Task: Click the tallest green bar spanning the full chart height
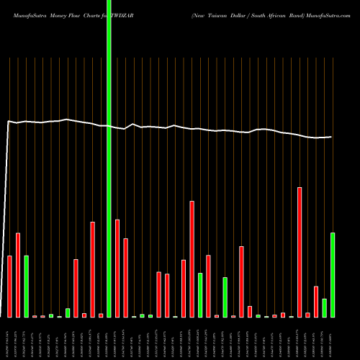109,158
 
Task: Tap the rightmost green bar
333,274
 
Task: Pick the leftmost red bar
10,286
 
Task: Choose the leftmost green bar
27,286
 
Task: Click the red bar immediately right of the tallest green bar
117,268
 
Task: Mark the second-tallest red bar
192,258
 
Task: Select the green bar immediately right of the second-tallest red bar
200,294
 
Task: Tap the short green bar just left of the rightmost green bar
325,307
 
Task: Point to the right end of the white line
331,137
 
